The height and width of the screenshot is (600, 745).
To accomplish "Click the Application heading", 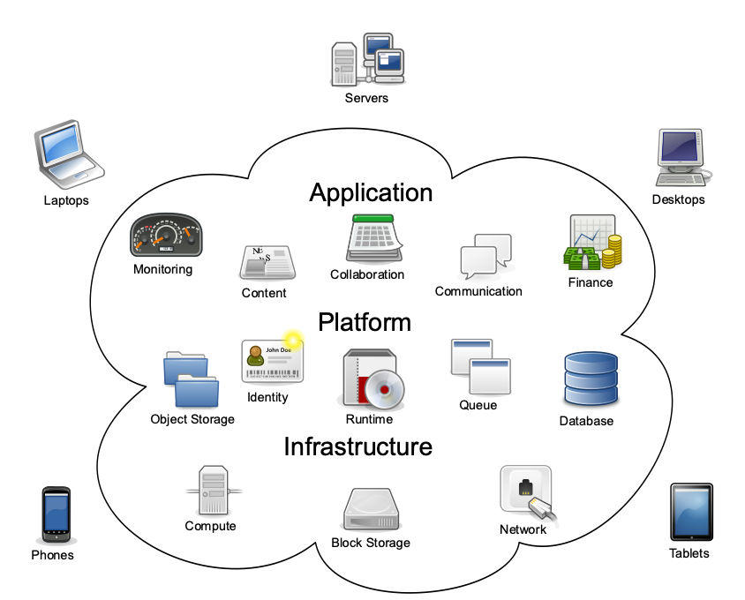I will (371, 192).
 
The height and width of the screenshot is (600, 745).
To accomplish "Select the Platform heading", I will (365, 322).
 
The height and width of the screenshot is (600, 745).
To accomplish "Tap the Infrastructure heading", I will (357, 446).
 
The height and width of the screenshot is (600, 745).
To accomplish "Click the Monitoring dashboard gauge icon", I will (167, 236).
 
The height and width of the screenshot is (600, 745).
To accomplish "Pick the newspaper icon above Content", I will (267, 263).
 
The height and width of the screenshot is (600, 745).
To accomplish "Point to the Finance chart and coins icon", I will (591, 244).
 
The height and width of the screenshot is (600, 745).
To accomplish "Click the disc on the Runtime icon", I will (387, 387).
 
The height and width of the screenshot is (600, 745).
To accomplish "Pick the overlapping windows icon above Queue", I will (480, 366).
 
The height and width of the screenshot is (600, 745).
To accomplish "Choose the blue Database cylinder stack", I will (589, 379).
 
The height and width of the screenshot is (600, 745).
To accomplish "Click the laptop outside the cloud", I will (68, 154).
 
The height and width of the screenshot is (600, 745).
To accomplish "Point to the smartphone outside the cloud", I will (56, 514).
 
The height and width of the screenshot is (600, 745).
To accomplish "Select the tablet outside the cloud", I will (691, 512).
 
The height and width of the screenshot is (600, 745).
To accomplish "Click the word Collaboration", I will (367, 274).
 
